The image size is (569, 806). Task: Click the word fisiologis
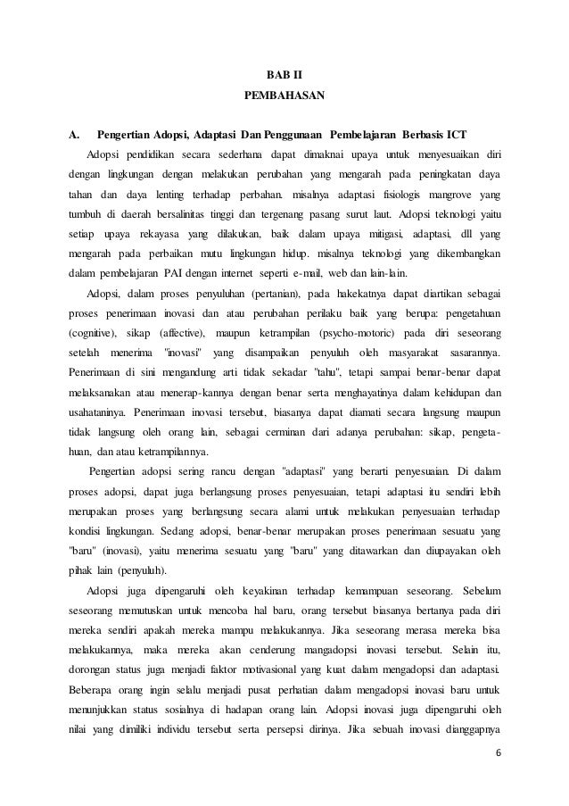pyautogui.click(x=397, y=193)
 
